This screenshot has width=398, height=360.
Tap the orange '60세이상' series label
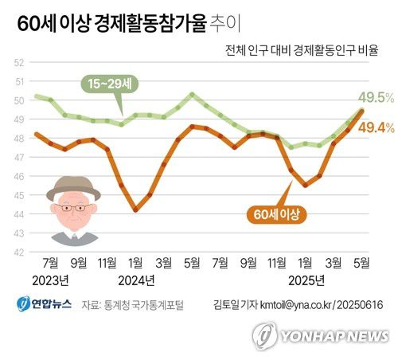point(275,213)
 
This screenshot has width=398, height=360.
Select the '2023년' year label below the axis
point(54,280)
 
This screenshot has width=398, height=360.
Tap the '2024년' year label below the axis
point(135,280)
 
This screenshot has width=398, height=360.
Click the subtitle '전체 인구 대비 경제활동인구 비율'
point(299,50)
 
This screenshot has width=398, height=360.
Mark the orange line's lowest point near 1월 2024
point(135,210)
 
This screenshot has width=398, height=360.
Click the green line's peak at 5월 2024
point(191,94)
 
